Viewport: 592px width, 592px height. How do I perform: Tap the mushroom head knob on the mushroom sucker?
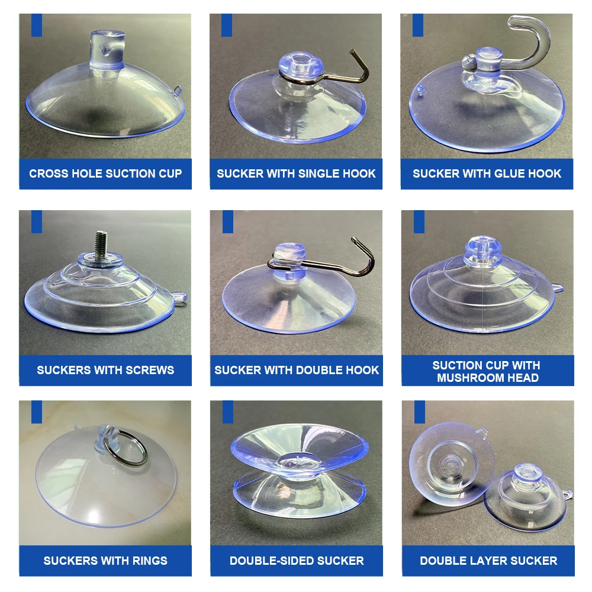click(481, 252)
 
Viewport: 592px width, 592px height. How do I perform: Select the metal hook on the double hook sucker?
click(355, 255)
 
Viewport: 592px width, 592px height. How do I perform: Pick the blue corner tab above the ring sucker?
click(37, 412)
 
